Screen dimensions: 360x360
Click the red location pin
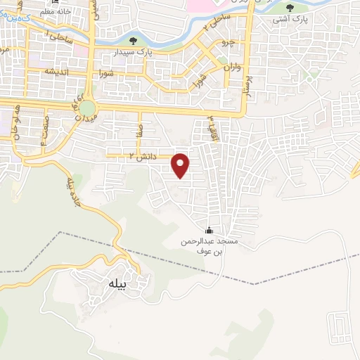pos(181,165)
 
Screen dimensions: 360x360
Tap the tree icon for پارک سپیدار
pos(134,40)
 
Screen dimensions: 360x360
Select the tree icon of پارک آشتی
pos(290,8)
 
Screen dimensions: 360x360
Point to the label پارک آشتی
pos(290,20)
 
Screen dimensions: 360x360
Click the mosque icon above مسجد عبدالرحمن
pos(209,230)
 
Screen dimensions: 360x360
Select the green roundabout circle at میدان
pos(87,110)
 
